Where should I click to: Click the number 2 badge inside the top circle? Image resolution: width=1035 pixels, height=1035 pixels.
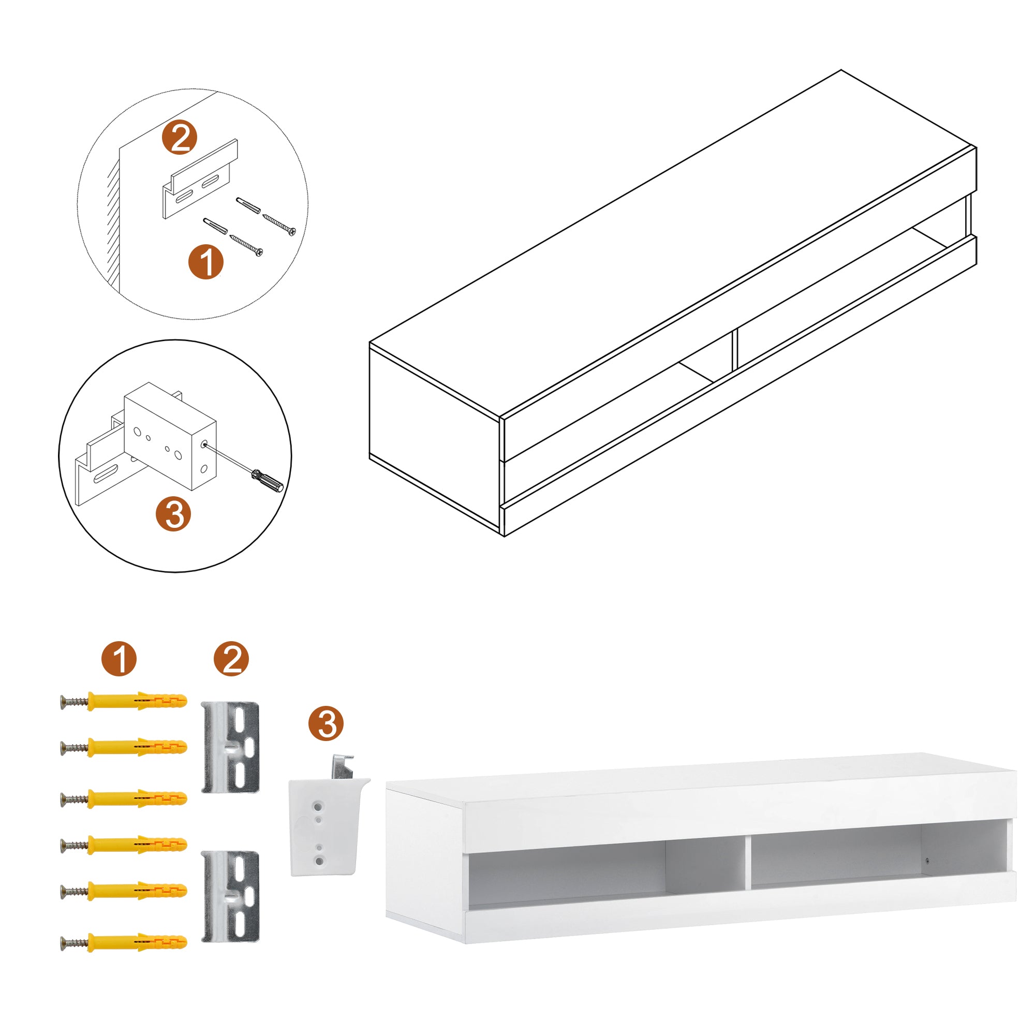click(180, 138)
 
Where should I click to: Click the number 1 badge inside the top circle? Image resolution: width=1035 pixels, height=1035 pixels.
click(206, 262)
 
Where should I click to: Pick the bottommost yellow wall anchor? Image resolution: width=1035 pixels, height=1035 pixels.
click(137, 942)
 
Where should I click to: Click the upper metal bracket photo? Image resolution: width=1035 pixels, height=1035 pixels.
click(231, 748)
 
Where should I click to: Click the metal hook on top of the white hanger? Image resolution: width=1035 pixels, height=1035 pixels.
click(341, 767)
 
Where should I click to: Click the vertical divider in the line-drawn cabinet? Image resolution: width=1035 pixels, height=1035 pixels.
click(734, 350)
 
